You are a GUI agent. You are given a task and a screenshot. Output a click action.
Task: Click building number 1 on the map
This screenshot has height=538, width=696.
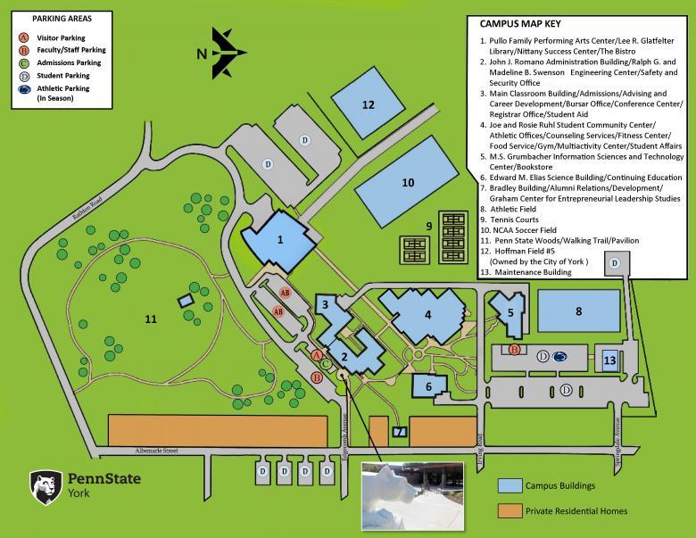pyautogui.click(x=279, y=238)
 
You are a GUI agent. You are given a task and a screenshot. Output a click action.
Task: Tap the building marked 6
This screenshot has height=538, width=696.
pyautogui.click(x=429, y=385)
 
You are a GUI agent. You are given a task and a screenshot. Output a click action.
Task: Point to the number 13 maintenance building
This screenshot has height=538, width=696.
pyautogui.click(x=609, y=360)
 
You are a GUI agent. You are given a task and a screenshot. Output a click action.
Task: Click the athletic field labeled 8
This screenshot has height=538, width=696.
pyautogui.click(x=578, y=310)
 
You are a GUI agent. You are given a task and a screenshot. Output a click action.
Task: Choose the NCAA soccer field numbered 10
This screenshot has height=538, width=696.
pyautogui.click(x=408, y=181)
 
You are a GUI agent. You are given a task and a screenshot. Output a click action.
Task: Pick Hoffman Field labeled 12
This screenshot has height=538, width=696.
pyautogui.click(x=367, y=104)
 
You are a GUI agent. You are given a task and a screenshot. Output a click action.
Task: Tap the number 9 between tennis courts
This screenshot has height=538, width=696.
pyautogui.click(x=429, y=226)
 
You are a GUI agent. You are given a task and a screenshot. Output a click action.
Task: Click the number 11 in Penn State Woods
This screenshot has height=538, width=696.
pyautogui.click(x=151, y=317)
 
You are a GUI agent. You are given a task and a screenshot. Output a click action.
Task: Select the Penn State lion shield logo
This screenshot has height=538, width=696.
pyautogui.click(x=45, y=487)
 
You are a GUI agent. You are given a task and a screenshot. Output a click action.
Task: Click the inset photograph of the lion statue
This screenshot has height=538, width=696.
pyautogui.click(x=410, y=498)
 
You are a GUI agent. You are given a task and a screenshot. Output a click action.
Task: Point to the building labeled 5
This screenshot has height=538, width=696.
pyautogui.click(x=509, y=313)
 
